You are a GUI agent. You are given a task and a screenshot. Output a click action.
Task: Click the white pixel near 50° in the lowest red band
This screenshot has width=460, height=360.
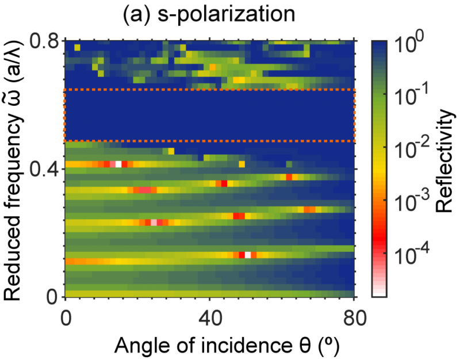[x=248, y=255]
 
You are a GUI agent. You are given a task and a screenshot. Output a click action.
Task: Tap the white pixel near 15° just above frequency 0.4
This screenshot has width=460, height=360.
[x=118, y=164]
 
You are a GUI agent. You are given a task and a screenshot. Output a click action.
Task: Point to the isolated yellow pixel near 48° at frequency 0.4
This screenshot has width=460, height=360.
[x=242, y=164]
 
